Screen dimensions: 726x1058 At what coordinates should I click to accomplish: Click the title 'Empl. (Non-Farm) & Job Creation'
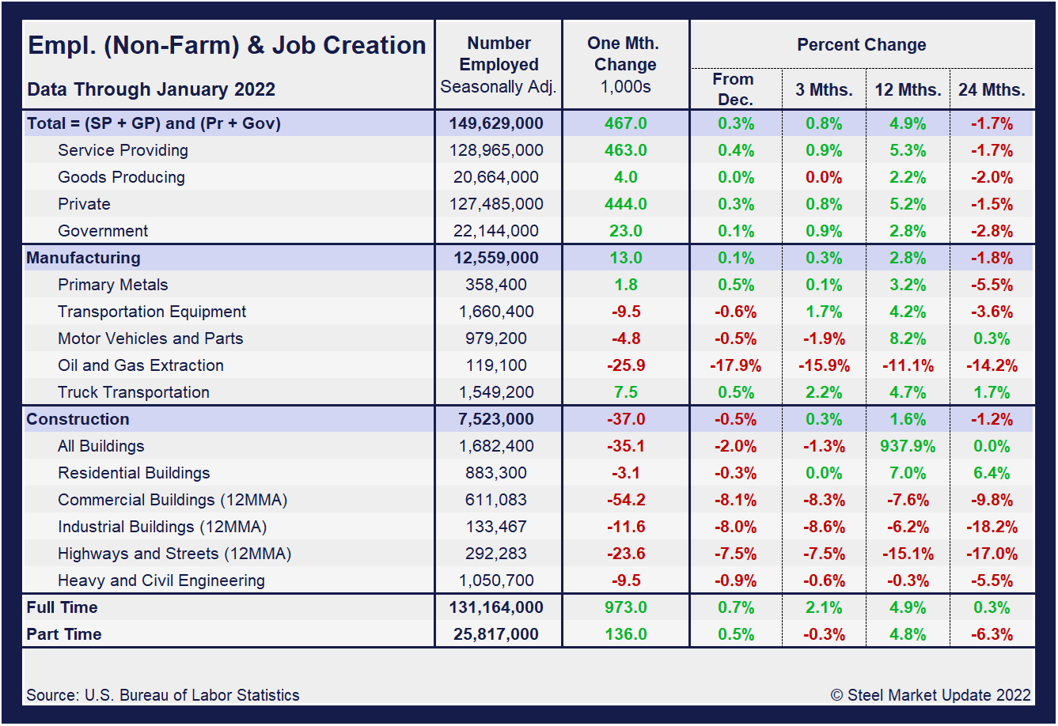226,45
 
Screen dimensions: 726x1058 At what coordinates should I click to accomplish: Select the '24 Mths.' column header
992,90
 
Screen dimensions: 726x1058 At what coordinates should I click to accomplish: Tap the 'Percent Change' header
861,45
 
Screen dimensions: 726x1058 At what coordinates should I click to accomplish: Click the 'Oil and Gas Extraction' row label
141,365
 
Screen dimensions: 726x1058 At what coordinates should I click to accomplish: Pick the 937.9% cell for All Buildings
907,446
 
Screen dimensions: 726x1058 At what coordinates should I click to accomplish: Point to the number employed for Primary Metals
496,285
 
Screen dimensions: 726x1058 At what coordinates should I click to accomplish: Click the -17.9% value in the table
736,365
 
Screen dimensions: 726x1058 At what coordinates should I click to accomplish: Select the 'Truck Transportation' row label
134,392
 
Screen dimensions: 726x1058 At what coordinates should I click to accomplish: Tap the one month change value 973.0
625,607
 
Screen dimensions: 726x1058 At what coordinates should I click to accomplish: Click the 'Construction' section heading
78,419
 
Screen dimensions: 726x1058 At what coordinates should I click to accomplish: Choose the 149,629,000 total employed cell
496,123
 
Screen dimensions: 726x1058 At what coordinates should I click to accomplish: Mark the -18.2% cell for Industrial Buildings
992,527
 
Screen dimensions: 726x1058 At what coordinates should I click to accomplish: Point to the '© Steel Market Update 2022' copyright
931,695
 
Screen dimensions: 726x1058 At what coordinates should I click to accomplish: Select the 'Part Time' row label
64,634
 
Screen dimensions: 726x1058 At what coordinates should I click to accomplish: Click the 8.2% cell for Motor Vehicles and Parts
907,338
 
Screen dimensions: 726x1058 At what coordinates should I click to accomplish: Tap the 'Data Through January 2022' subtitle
151,89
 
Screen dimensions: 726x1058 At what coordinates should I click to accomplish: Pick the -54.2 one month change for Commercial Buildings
625,500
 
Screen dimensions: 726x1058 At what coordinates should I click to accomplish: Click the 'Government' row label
103,231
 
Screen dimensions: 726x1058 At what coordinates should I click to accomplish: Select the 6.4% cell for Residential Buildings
992,473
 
